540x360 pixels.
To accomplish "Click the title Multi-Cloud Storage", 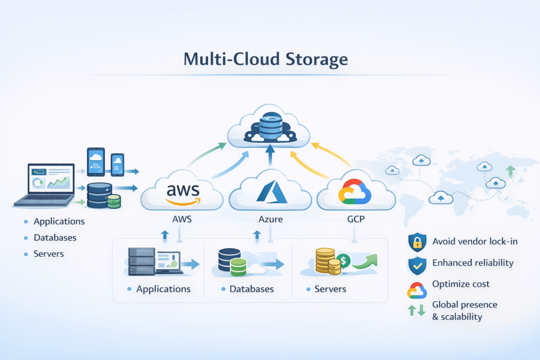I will pyautogui.click(x=265, y=59).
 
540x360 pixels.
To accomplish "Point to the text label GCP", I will pyautogui.click(x=355, y=219).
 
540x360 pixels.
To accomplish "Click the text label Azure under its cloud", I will pyautogui.click(x=269, y=219).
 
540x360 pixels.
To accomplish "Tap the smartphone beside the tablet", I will pyautogui.click(x=117, y=164).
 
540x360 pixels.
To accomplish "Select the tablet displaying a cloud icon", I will pyautogui.click(x=95, y=161).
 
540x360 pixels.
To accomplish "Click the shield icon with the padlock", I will pyautogui.click(x=417, y=242).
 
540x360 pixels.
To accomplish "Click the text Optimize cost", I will pyautogui.click(x=460, y=284).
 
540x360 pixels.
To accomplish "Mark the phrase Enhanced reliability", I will pyautogui.click(x=472, y=262).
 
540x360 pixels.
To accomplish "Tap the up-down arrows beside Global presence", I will pyautogui.click(x=417, y=311).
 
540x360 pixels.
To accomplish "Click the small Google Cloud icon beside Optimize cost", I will pyautogui.click(x=417, y=289).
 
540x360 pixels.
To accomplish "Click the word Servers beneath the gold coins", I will pyautogui.click(x=330, y=289).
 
